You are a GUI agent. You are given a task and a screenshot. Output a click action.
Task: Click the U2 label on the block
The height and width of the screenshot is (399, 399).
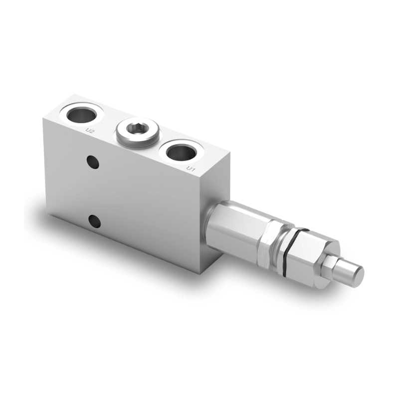[x=90, y=131]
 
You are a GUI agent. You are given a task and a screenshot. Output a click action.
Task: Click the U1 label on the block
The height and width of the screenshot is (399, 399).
[x=190, y=170]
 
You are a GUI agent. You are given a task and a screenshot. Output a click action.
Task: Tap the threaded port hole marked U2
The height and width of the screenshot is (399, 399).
[x=81, y=114]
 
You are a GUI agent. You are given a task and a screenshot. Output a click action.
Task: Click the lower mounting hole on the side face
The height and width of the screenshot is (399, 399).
[x=92, y=220]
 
